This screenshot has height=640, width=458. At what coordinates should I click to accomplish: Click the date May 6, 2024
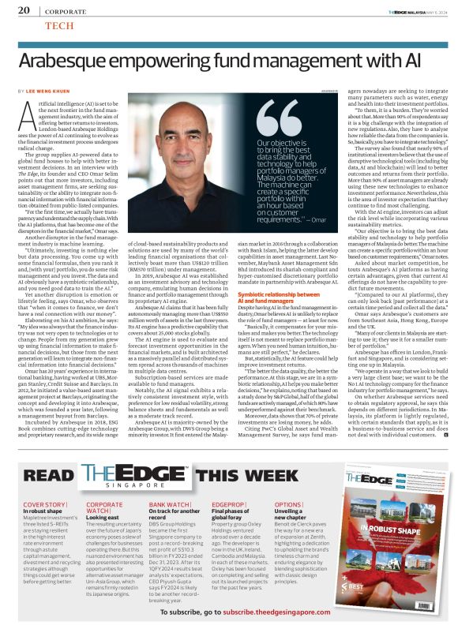pyautogui.click(x=434, y=9)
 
